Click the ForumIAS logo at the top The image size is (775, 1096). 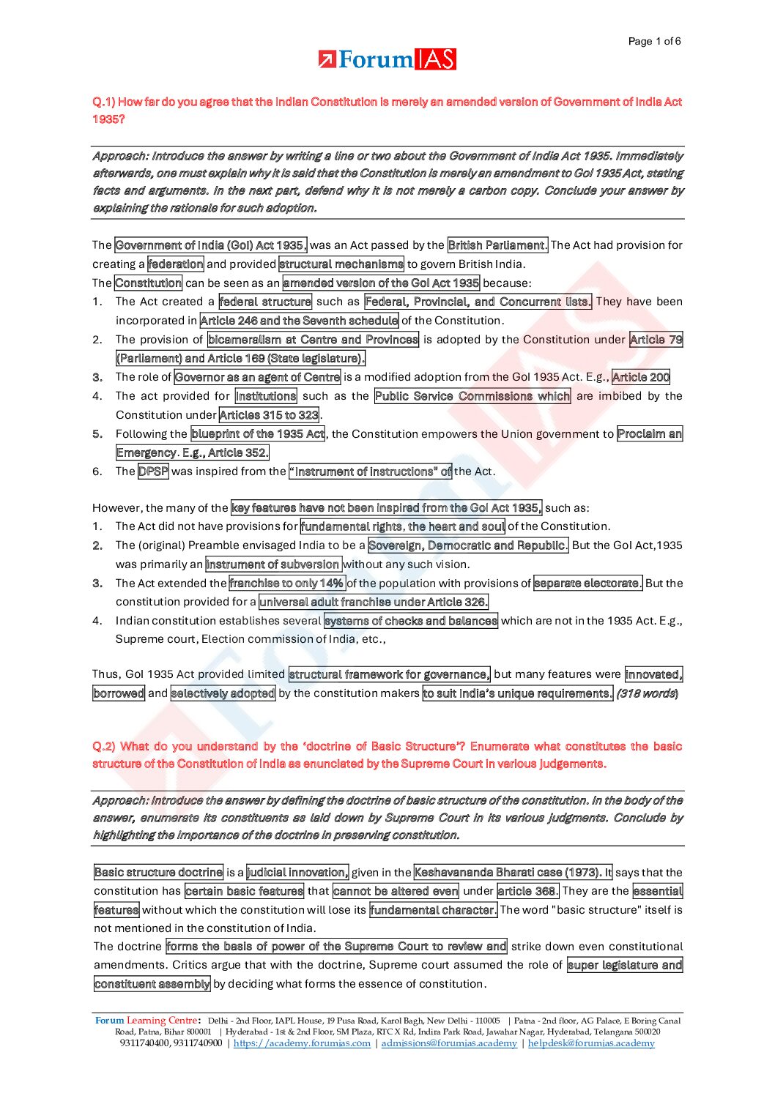387,59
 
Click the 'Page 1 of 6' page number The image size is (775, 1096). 654,41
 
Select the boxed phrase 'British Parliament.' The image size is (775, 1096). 497,245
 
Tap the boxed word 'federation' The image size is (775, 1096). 176,264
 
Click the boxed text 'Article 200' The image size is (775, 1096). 641,377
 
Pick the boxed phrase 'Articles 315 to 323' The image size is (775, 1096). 269,415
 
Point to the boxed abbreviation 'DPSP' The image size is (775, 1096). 153,471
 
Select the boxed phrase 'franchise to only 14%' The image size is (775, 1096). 286,584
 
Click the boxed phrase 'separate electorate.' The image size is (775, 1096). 588,584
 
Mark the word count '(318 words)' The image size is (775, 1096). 647,693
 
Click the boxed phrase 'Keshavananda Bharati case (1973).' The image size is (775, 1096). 513,872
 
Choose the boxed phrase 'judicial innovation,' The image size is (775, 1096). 297,872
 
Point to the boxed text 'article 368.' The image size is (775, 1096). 527,891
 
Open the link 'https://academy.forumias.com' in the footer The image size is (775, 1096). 302,1043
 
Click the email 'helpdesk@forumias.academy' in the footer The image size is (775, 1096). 591,1043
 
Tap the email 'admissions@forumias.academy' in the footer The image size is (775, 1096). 449,1043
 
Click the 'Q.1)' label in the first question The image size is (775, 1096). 104,102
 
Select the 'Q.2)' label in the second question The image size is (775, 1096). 104,746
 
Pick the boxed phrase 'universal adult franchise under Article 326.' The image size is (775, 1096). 374,602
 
